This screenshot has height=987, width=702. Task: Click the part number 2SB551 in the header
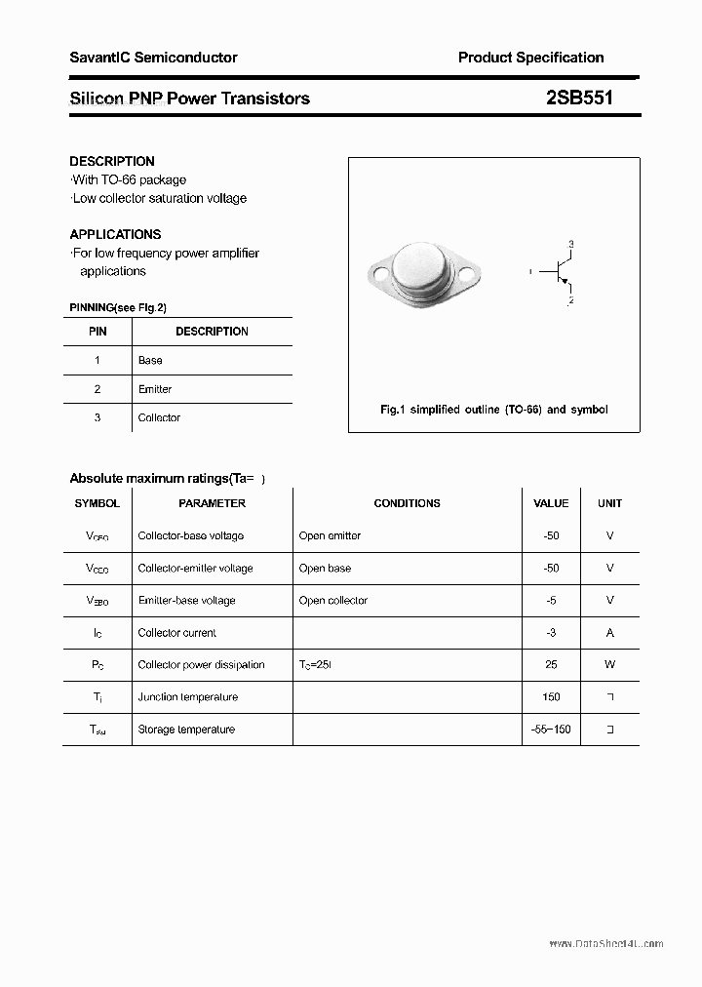click(x=580, y=98)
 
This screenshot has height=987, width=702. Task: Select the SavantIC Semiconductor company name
click(x=153, y=58)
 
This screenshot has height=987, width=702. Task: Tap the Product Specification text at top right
click(x=530, y=58)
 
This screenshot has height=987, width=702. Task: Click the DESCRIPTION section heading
click(x=112, y=161)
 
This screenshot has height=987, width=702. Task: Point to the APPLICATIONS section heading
click(x=115, y=234)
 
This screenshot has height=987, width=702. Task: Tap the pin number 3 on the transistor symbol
click(x=570, y=243)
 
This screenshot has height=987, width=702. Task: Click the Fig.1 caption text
click(x=493, y=410)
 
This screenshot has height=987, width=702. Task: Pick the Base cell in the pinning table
click(x=150, y=360)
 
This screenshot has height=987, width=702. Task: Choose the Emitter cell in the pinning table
click(x=155, y=389)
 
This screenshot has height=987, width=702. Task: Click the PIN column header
click(x=97, y=332)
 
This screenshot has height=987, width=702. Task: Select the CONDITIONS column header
click(x=407, y=503)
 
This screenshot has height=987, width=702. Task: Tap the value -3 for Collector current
click(x=551, y=633)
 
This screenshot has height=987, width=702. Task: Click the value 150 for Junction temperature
click(x=551, y=697)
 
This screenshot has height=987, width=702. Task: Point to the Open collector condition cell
click(x=333, y=601)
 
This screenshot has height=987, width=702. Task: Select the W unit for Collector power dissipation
click(x=609, y=665)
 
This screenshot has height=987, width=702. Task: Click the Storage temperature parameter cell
click(x=186, y=730)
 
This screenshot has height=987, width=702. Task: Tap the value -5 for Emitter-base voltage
click(x=551, y=601)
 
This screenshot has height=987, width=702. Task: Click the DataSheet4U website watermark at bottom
click(x=605, y=944)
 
